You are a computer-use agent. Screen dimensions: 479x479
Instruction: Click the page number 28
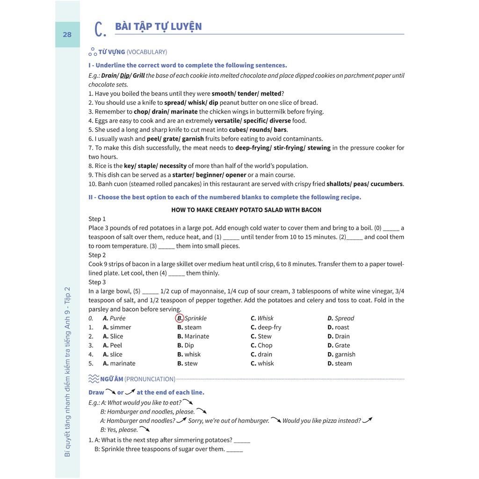click(x=67, y=34)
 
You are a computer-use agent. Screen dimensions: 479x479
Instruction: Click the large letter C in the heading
click(x=100, y=29)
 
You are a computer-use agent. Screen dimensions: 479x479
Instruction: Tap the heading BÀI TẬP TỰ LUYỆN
click(x=159, y=26)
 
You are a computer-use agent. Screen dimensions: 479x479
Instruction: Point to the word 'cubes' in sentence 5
click(x=237, y=130)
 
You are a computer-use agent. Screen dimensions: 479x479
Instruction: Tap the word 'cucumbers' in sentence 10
click(x=387, y=184)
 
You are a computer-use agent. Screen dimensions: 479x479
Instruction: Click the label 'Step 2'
click(x=97, y=255)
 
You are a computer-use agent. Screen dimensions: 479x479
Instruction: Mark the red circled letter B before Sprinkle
click(x=180, y=318)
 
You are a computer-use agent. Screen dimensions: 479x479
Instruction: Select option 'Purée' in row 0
click(x=117, y=318)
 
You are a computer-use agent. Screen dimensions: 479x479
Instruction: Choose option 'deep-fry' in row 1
click(x=269, y=327)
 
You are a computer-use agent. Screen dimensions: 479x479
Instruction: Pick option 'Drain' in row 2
click(x=342, y=336)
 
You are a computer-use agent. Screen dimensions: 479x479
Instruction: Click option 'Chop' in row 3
click(x=265, y=345)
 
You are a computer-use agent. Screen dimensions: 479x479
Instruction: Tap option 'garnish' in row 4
click(x=345, y=355)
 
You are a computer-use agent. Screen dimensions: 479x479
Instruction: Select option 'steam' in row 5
click(x=343, y=363)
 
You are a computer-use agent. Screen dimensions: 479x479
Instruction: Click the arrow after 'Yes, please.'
click(x=144, y=429)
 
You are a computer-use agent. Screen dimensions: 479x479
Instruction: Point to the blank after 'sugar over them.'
click(x=234, y=450)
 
